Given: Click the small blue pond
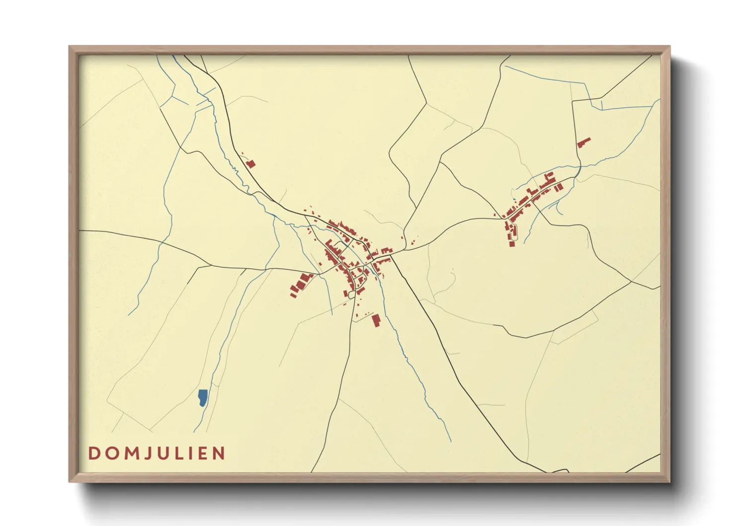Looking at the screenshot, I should click(x=203, y=397).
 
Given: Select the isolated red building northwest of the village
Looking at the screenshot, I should click(x=251, y=164).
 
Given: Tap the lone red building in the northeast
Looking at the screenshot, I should click(x=584, y=142).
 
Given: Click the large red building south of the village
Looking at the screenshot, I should click(x=376, y=320).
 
